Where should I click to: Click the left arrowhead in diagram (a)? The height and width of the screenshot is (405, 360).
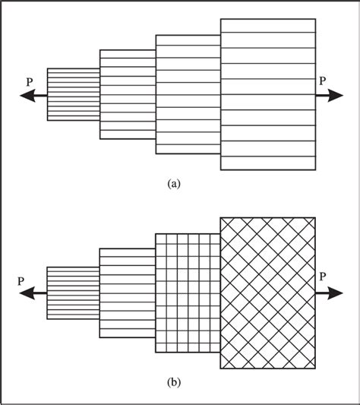tap(24, 95)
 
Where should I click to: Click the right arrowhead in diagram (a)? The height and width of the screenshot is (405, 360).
tap(335, 95)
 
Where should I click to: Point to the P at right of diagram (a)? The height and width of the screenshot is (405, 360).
tap(323, 80)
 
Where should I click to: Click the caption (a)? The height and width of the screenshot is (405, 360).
tap(174, 183)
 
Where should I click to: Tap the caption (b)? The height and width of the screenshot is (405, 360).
tap(174, 382)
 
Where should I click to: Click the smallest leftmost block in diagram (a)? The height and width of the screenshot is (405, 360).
tap(74, 94)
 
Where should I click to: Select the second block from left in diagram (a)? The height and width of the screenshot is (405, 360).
tap(128, 94)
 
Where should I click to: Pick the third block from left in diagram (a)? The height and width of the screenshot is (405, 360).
tap(188, 94)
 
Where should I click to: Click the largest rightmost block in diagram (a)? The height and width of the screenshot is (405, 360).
tap(268, 94)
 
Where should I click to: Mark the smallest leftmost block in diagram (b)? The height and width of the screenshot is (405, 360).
tap(74, 293)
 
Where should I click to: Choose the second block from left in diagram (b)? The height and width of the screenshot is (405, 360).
tap(128, 293)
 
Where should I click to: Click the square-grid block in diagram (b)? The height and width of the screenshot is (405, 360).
tap(188, 293)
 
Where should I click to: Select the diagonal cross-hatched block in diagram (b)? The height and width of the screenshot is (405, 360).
tap(268, 293)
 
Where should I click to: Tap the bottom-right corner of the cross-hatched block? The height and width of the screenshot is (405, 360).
tap(316, 369)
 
